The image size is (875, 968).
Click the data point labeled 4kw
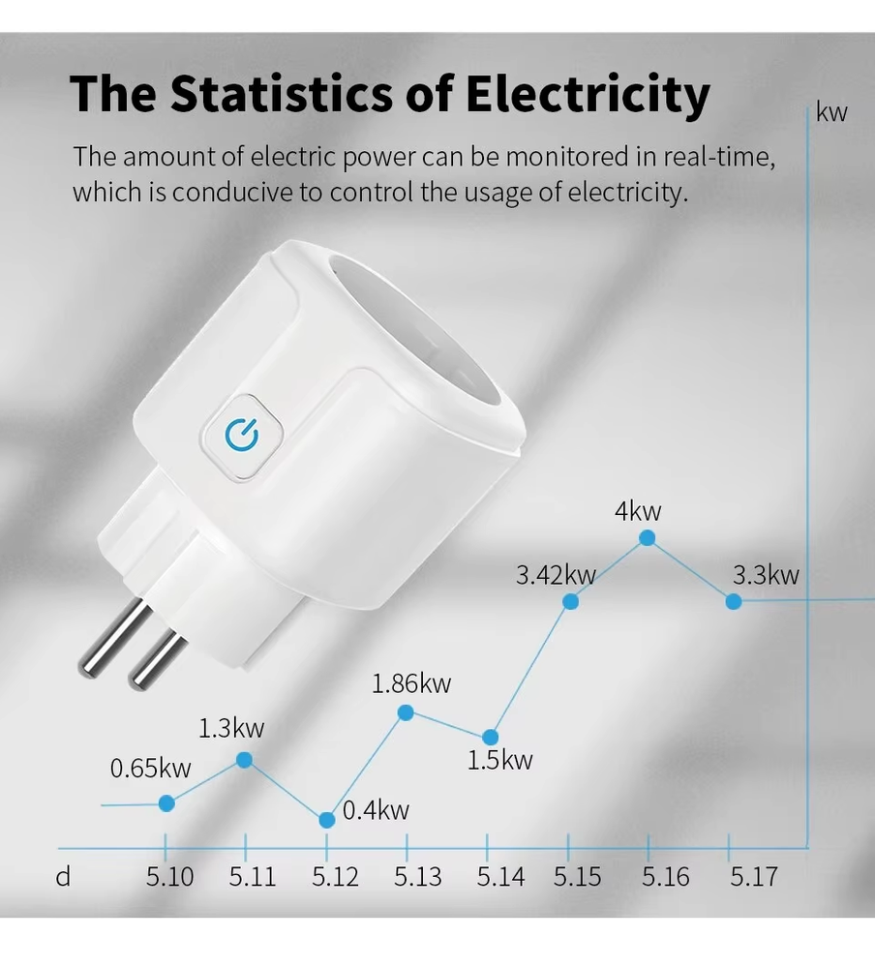tap(648, 538)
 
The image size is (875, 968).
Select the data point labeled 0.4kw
tap(327, 819)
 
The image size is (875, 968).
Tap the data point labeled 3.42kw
tap(571, 601)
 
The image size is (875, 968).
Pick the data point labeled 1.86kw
tap(406, 713)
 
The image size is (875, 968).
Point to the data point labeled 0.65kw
tap(166, 802)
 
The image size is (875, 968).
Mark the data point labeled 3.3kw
tap(734, 601)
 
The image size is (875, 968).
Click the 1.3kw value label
tap(231, 728)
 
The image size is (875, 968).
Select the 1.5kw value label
tap(499, 760)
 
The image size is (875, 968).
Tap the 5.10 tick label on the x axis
tap(170, 877)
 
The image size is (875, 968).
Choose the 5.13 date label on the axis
tap(418, 877)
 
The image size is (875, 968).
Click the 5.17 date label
tap(753, 877)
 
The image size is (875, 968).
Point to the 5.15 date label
tap(577, 877)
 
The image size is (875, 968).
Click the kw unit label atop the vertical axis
tap(831, 112)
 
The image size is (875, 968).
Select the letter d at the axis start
tap(63, 877)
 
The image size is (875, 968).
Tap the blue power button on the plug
tap(240, 436)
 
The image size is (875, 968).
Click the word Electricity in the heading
tap(588, 94)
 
